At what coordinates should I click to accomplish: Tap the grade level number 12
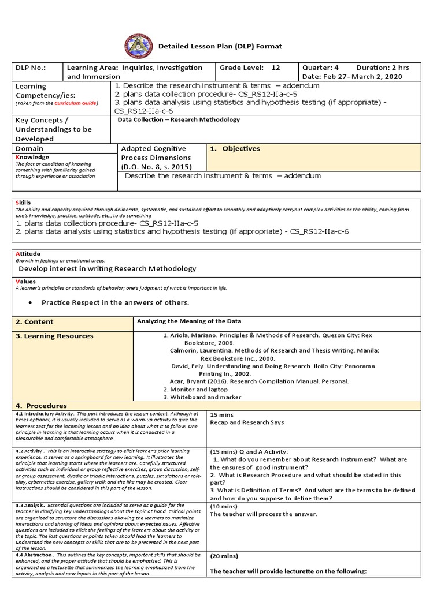[x=276, y=68]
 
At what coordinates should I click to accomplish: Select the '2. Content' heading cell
[x=35, y=321]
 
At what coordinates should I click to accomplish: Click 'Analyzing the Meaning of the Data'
[x=189, y=321]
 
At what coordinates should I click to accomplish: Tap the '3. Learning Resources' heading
[x=54, y=336]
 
